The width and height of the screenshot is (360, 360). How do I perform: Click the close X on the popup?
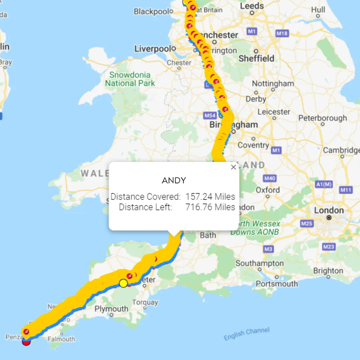(233, 167)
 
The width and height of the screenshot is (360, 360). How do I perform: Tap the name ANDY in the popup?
(174, 181)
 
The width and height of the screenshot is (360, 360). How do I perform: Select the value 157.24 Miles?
(210, 197)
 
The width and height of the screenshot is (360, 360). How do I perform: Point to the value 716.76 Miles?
(210, 207)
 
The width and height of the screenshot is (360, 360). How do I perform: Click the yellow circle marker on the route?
(123, 283)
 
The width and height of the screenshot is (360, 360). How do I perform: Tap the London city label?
(329, 211)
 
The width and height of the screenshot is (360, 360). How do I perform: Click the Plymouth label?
(111, 309)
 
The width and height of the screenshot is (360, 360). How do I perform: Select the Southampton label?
(260, 263)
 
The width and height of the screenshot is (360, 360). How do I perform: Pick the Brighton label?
(328, 271)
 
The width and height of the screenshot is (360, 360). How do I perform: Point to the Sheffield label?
(256, 58)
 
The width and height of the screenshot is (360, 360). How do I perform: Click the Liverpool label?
(153, 49)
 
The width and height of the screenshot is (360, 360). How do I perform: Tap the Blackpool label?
(152, 12)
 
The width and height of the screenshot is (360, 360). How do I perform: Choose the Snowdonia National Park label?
(130, 79)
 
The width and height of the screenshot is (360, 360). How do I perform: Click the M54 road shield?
(210, 116)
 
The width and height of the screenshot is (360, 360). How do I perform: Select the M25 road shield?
(307, 223)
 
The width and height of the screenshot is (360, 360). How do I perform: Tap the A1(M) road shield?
(324, 184)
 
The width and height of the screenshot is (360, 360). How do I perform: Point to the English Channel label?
(246, 334)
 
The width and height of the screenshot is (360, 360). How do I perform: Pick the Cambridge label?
(341, 150)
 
